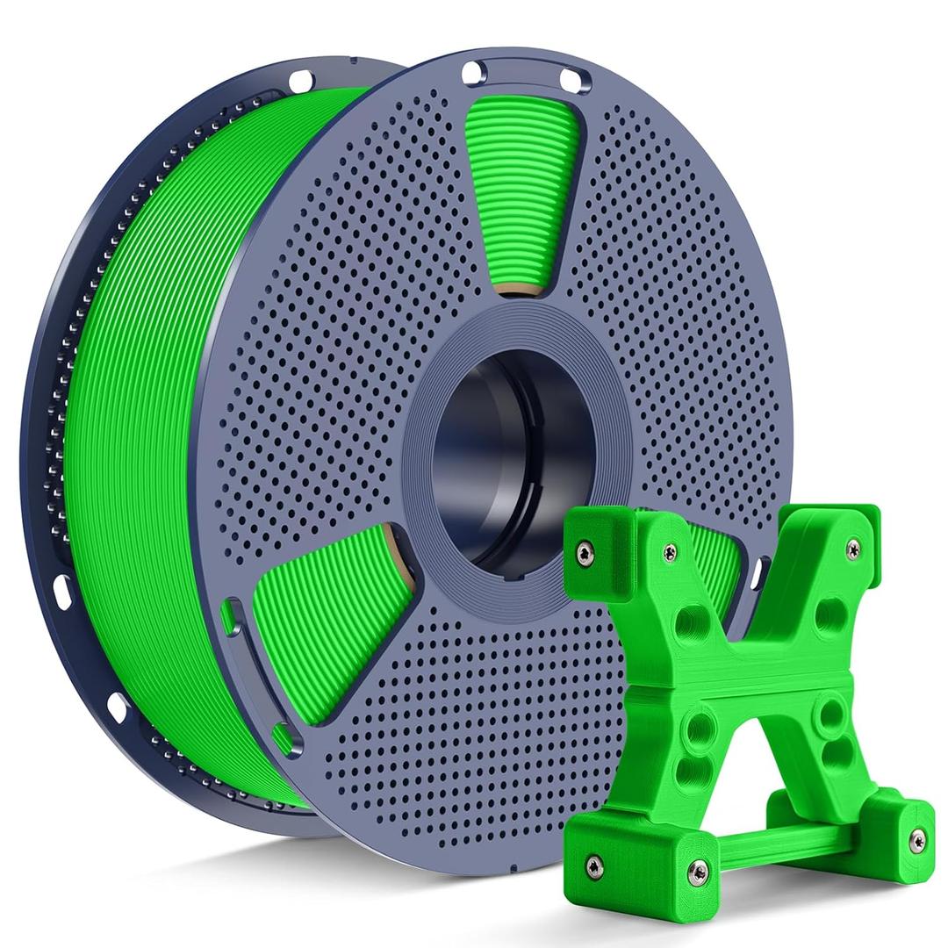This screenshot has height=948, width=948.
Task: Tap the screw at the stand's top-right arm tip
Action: [852, 549]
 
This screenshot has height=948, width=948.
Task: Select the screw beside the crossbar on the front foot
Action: [699, 872]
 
